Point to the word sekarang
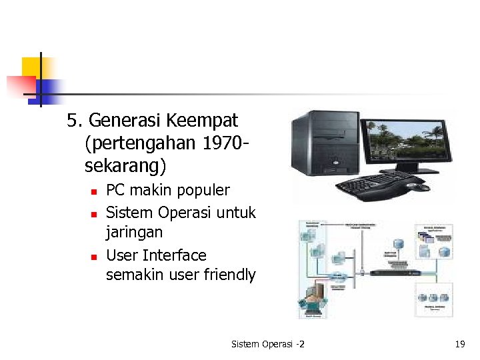(125, 164)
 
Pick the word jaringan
(134, 233)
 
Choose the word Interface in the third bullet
(175, 255)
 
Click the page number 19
(459, 344)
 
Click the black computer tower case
(319, 143)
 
